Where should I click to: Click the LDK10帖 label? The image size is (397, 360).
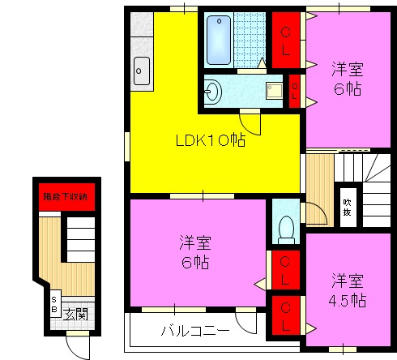tap(211, 139)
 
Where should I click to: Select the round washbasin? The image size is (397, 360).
tap(214, 91)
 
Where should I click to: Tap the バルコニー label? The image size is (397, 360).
tap(194, 331)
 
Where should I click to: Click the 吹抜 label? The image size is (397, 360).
tap(348, 208)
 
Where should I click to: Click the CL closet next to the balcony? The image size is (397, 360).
tap(284, 315)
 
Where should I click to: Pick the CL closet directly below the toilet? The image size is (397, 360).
tap(284, 269)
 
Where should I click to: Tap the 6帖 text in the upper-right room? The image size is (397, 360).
tap(347, 87)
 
